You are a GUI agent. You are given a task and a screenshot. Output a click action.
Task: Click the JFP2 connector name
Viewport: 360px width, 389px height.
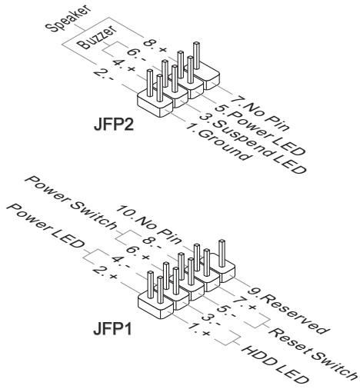114,125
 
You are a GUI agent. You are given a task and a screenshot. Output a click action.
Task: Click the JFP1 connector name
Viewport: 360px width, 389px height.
112,328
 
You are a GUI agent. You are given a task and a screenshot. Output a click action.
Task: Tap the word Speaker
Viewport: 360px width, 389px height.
68,18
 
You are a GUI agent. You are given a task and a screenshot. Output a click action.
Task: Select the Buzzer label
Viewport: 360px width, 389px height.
97,38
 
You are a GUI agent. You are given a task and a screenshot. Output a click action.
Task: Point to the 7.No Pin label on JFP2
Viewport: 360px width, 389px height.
259,114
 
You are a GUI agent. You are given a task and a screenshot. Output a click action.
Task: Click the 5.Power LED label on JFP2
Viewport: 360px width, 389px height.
260,130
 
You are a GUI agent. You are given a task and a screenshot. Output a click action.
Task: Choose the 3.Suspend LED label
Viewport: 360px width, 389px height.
252,144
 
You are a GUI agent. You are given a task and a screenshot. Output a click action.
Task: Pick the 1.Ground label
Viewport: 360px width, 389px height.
217,141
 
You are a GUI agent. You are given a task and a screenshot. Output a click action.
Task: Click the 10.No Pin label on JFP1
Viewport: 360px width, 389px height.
148,224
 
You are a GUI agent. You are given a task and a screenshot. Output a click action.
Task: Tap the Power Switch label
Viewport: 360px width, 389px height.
71,202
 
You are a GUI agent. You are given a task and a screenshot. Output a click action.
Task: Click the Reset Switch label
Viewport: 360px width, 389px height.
313,353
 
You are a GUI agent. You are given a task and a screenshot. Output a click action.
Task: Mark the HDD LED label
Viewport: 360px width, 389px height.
275,367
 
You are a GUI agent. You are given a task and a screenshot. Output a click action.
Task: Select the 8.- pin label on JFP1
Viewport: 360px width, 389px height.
152,242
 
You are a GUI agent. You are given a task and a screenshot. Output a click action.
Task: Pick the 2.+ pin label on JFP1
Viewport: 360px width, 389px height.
105,273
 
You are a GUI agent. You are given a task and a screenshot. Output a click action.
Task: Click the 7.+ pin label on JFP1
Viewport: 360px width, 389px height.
244,303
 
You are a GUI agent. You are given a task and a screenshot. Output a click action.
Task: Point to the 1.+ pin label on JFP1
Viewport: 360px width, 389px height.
199,329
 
